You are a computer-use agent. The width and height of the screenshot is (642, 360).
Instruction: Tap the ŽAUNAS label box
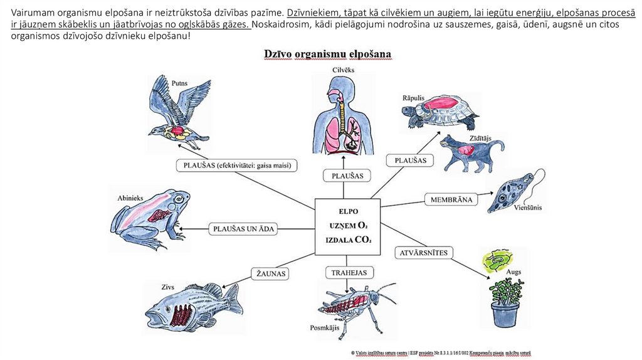(271, 273)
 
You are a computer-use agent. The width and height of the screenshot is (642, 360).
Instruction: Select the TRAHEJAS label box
(349, 272)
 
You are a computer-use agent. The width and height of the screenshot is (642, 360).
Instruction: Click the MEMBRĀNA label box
(451, 199)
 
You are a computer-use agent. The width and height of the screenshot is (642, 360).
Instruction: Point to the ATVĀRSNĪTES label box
(423, 252)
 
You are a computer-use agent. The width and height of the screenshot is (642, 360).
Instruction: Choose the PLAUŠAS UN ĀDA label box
(244, 229)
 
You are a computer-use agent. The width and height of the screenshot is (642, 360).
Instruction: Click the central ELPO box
(347, 226)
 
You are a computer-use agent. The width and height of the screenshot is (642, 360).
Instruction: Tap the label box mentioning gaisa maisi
(236, 166)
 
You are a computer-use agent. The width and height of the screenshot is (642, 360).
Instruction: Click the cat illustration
(470, 154)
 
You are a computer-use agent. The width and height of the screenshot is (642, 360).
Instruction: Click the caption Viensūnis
(528, 207)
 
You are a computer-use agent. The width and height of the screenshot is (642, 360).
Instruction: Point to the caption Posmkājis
(324, 327)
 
